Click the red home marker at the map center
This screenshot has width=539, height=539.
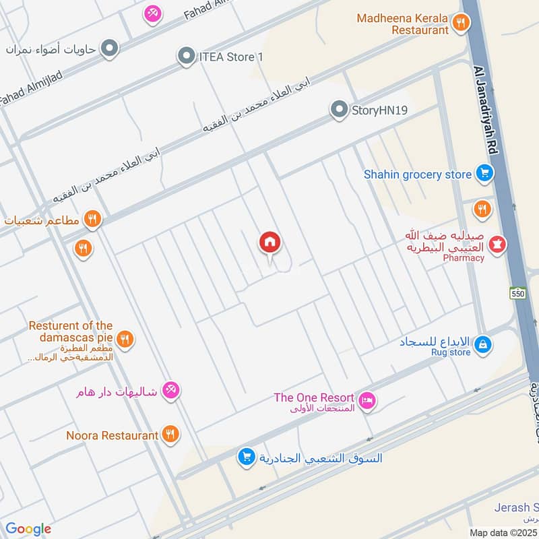point(269,243)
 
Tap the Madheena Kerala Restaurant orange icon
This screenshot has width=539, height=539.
point(461,24)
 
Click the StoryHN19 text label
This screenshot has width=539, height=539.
point(380,110)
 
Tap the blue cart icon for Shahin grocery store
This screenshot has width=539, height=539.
point(484,175)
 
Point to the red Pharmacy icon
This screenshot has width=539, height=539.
point(498,244)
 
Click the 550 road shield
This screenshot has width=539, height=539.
point(517,294)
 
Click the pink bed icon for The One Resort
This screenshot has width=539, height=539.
point(367,401)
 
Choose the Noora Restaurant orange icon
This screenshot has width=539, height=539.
point(170,435)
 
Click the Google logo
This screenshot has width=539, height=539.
point(28,529)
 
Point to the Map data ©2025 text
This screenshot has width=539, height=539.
point(502,532)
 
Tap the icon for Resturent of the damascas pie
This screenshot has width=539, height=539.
point(124,339)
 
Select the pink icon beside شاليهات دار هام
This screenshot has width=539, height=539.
point(171,390)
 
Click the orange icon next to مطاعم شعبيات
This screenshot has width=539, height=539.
point(93,220)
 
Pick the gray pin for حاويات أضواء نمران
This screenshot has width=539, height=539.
point(109,49)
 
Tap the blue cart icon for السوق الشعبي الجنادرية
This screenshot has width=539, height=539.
point(247,457)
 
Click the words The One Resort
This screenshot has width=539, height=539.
point(313,398)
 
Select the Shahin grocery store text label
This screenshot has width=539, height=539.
point(418,175)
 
